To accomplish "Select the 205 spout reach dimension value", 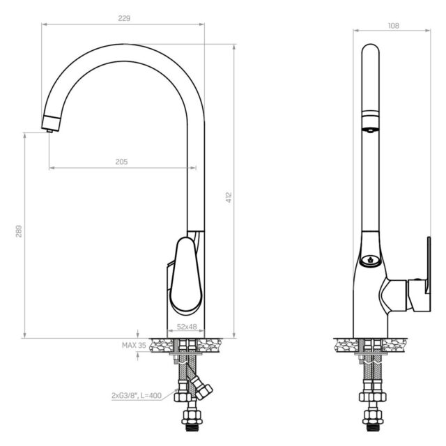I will pos(121,162).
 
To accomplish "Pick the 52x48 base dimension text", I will pos(186,326).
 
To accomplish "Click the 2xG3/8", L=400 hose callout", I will pos(138,396).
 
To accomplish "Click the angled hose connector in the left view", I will pos(203,387).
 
